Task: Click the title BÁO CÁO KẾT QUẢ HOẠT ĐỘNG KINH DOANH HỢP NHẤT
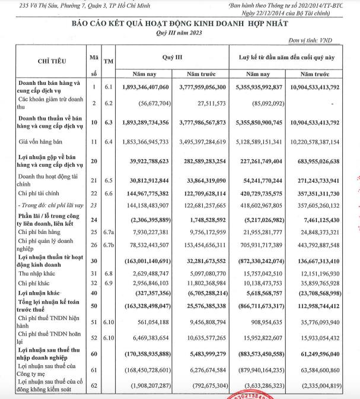coord(180,23)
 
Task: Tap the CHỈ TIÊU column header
coord(52,61)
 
